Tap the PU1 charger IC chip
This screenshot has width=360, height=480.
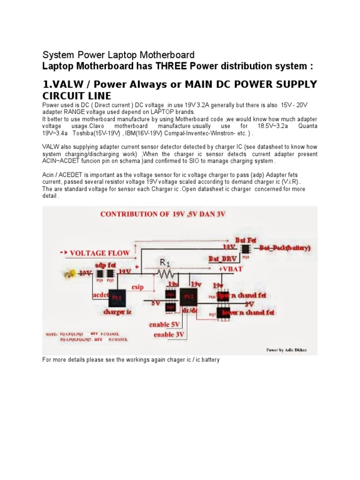tap(116, 298)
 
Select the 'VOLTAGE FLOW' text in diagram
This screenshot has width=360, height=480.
tap(100, 253)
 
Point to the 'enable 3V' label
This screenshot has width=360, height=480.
tap(170, 334)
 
